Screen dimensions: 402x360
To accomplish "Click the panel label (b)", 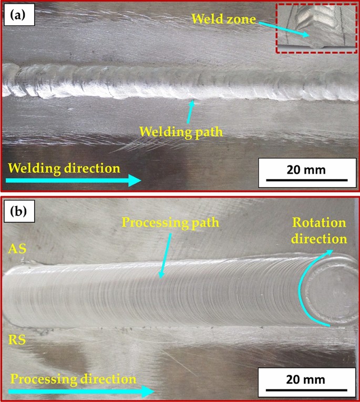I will (x=19, y=213).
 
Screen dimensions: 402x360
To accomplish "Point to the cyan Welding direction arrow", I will (x=74, y=181).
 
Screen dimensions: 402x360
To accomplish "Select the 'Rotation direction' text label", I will (x=320, y=230).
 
